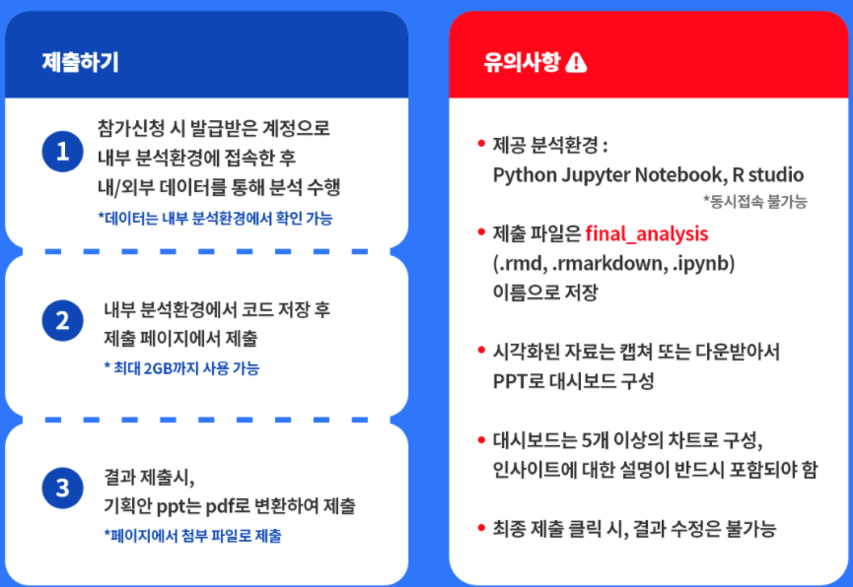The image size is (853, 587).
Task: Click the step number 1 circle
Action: [x=62, y=152]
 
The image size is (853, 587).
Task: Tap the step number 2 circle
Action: [x=62, y=321]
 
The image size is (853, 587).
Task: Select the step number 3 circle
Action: [x=62, y=489]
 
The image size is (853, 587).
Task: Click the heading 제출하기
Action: [x=81, y=62]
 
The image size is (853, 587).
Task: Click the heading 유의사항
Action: [x=522, y=62]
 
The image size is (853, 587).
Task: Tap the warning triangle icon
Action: [x=576, y=62]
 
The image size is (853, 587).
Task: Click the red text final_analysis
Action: [x=647, y=234]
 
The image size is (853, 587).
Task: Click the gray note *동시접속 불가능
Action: [x=755, y=202]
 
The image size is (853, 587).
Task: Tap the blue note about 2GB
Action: [x=181, y=368]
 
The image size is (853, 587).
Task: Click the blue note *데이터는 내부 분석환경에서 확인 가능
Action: [x=215, y=219]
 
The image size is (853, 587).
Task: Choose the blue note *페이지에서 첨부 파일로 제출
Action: [x=193, y=536]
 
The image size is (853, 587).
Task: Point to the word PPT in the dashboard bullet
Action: [x=510, y=381]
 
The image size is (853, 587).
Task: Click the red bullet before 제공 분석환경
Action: [x=481, y=144]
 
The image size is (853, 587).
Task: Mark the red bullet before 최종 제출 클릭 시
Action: [x=481, y=527]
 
